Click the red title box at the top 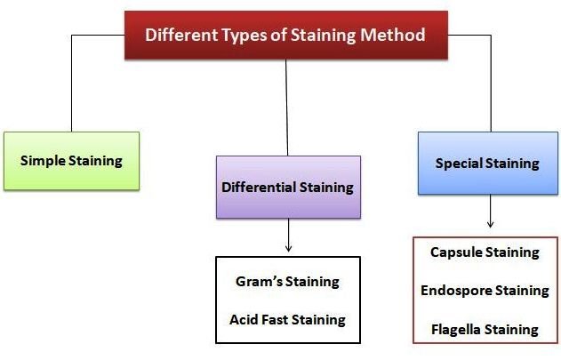[285, 36]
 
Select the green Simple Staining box [71, 161]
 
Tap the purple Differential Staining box [288, 188]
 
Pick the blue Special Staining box [487, 164]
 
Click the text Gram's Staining [287, 282]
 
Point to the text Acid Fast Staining [287, 318]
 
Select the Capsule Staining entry [485, 252]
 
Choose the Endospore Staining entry [485, 291]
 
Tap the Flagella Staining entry [485, 329]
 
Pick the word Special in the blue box [459, 164]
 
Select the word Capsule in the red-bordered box [455, 252]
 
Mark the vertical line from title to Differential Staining [287, 107]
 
